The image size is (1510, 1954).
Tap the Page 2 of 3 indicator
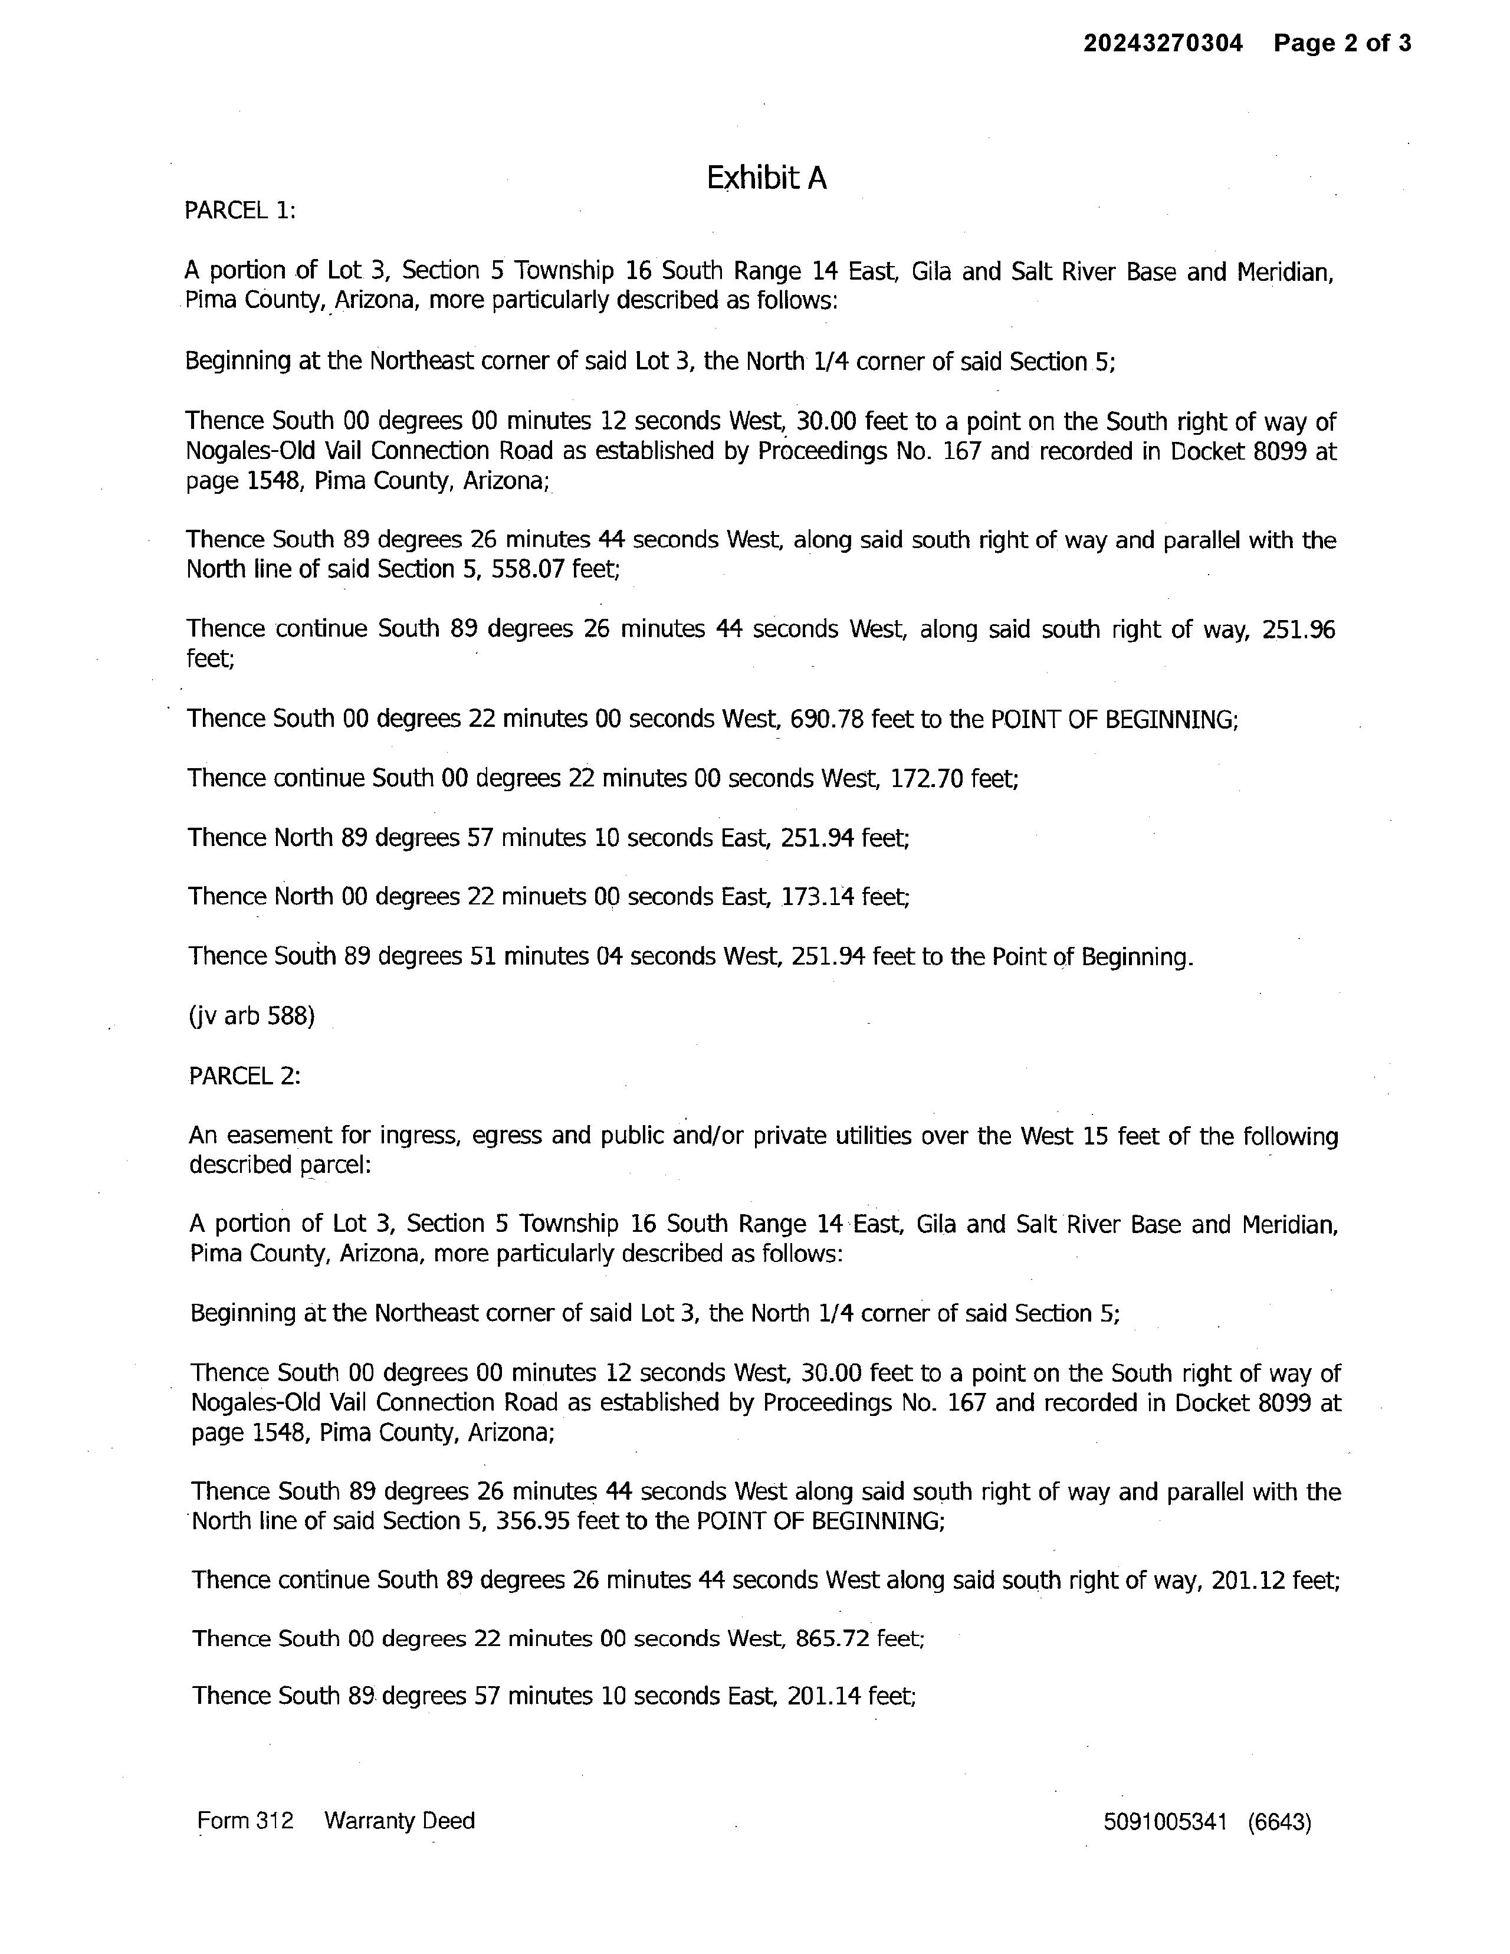pos(1342,43)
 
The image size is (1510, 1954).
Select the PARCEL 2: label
pos(244,1076)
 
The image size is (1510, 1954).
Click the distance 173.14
pos(817,897)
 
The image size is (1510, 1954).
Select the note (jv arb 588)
pos(251,1017)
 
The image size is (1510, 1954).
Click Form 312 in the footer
pos(245,1821)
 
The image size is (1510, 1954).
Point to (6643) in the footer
pos(1279,1822)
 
